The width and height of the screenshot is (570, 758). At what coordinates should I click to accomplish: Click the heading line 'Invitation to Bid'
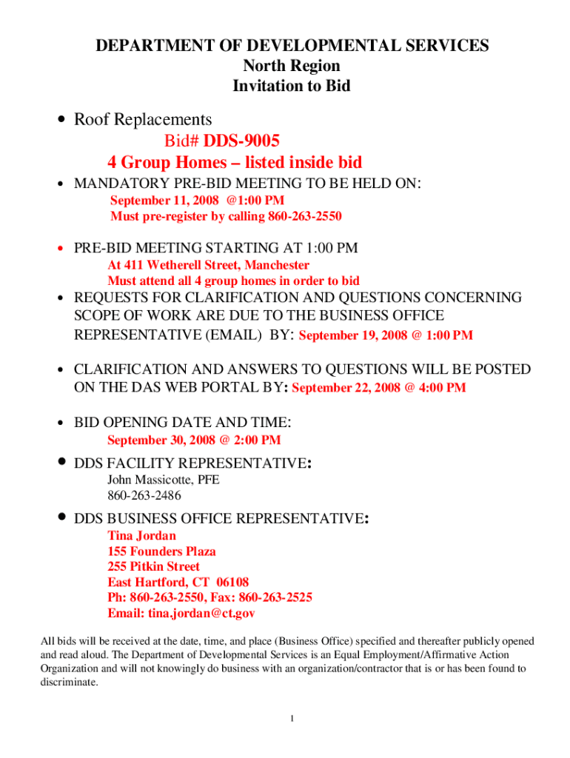point(292,86)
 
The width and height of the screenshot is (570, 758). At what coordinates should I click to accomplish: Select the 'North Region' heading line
point(292,66)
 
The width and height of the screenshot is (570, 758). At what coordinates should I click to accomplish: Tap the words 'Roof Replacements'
point(143,119)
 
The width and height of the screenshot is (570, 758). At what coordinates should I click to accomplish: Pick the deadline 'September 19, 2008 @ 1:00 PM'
point(386,335)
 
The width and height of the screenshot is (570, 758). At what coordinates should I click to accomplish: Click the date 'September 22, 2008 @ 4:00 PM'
point(380,388)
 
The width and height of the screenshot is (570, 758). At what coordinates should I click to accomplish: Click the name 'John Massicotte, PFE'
point(164,480)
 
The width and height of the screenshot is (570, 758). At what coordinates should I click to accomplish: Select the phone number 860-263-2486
point(144,495)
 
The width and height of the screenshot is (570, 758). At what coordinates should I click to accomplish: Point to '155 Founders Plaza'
point(162,551)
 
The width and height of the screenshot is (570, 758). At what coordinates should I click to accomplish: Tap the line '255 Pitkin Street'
point(154,567)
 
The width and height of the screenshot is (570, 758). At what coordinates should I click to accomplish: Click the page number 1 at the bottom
point(293,719)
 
